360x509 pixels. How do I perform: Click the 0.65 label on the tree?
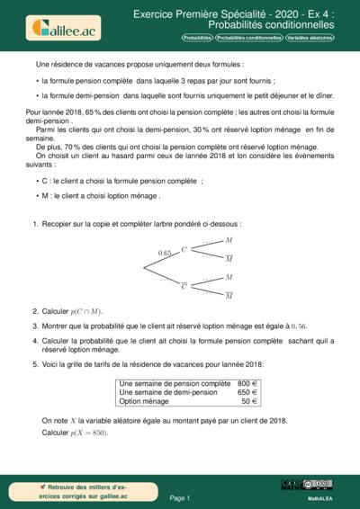(x=165, y=254)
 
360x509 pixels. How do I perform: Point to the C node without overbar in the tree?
(x=184, y=249)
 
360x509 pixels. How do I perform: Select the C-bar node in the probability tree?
(x=184, y=286)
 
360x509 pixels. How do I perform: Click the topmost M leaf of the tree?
(x=229, y=240)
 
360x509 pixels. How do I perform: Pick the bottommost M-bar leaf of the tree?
(x=229, y=295)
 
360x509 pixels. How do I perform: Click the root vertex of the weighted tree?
(x=145, y=268)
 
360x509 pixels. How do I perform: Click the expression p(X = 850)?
(x=88, y=433)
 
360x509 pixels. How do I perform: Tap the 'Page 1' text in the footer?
(x=180, y=497)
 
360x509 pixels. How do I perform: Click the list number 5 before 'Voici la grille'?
(x=34, y=364)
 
